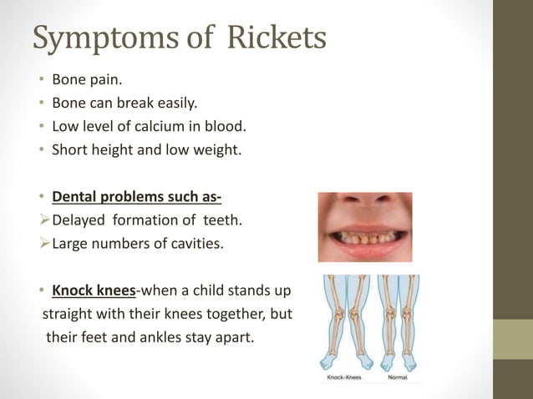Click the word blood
click(227, 128)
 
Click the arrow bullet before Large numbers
click(44, 245)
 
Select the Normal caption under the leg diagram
click(398, 376)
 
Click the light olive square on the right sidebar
click(512, 340)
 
